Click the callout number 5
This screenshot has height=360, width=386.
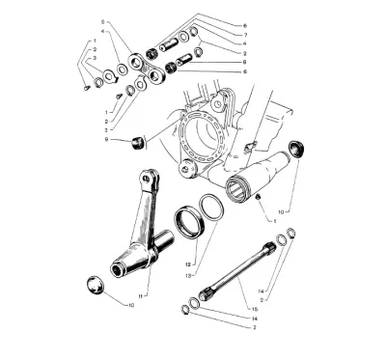click(x=103, y=22)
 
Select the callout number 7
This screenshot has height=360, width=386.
click(x=245, y=35)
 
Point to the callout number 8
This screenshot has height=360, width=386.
click(x=245, y=62)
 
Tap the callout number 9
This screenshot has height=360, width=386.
click(x=106, y=139)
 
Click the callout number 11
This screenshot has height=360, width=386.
click(x=141, y=296)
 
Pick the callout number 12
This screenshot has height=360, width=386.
click(x=188, y=264)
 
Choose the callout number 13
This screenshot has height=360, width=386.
click(x=188, y=276)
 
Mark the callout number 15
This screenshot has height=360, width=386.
click(x=255, y=309)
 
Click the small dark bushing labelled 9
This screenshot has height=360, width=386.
click(x=137, y=143)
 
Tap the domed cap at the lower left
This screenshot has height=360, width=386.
click(x=96, y=285)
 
